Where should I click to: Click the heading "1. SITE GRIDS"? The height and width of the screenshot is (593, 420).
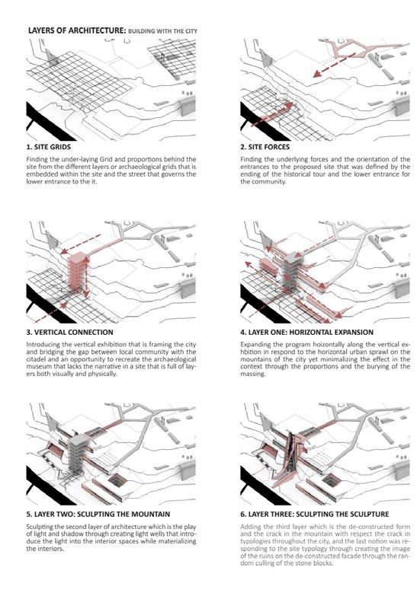point(49,147)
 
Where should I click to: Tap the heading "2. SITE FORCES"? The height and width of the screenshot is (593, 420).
point(265,147)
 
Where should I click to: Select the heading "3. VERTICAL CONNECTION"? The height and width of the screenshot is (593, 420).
point(69,333)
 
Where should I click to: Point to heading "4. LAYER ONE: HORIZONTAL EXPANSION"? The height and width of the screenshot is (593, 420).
point(306,333)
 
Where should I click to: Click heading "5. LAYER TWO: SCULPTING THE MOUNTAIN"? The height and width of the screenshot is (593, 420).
point(98,515)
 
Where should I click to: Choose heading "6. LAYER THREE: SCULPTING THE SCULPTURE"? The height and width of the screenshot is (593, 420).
point(315,515)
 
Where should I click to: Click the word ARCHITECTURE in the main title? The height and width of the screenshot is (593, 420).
point(97,30)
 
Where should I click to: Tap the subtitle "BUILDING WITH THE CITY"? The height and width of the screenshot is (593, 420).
point(163,31)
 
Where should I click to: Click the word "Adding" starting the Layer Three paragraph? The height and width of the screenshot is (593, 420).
point(250,527)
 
